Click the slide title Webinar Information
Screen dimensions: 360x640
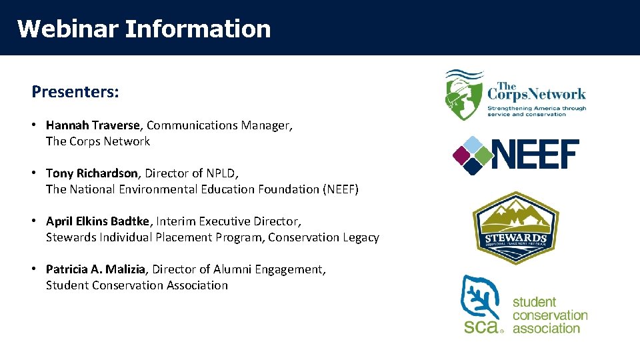point(144,29)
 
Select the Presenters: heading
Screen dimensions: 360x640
point(75,92)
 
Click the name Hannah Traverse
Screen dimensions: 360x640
point(93,125)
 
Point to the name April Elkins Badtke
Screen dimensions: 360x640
point(99,221)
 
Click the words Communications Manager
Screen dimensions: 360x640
point(219,125)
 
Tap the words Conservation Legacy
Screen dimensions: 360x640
point(323,237)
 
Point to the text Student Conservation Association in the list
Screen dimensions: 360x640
point(137,285)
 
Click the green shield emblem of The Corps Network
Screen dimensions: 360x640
point(463,94)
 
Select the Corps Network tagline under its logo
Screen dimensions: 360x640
point(537,111)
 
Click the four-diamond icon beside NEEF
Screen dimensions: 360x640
point(472,155)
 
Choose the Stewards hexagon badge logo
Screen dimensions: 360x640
point(515,228)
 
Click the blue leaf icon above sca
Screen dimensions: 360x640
point(481,298)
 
